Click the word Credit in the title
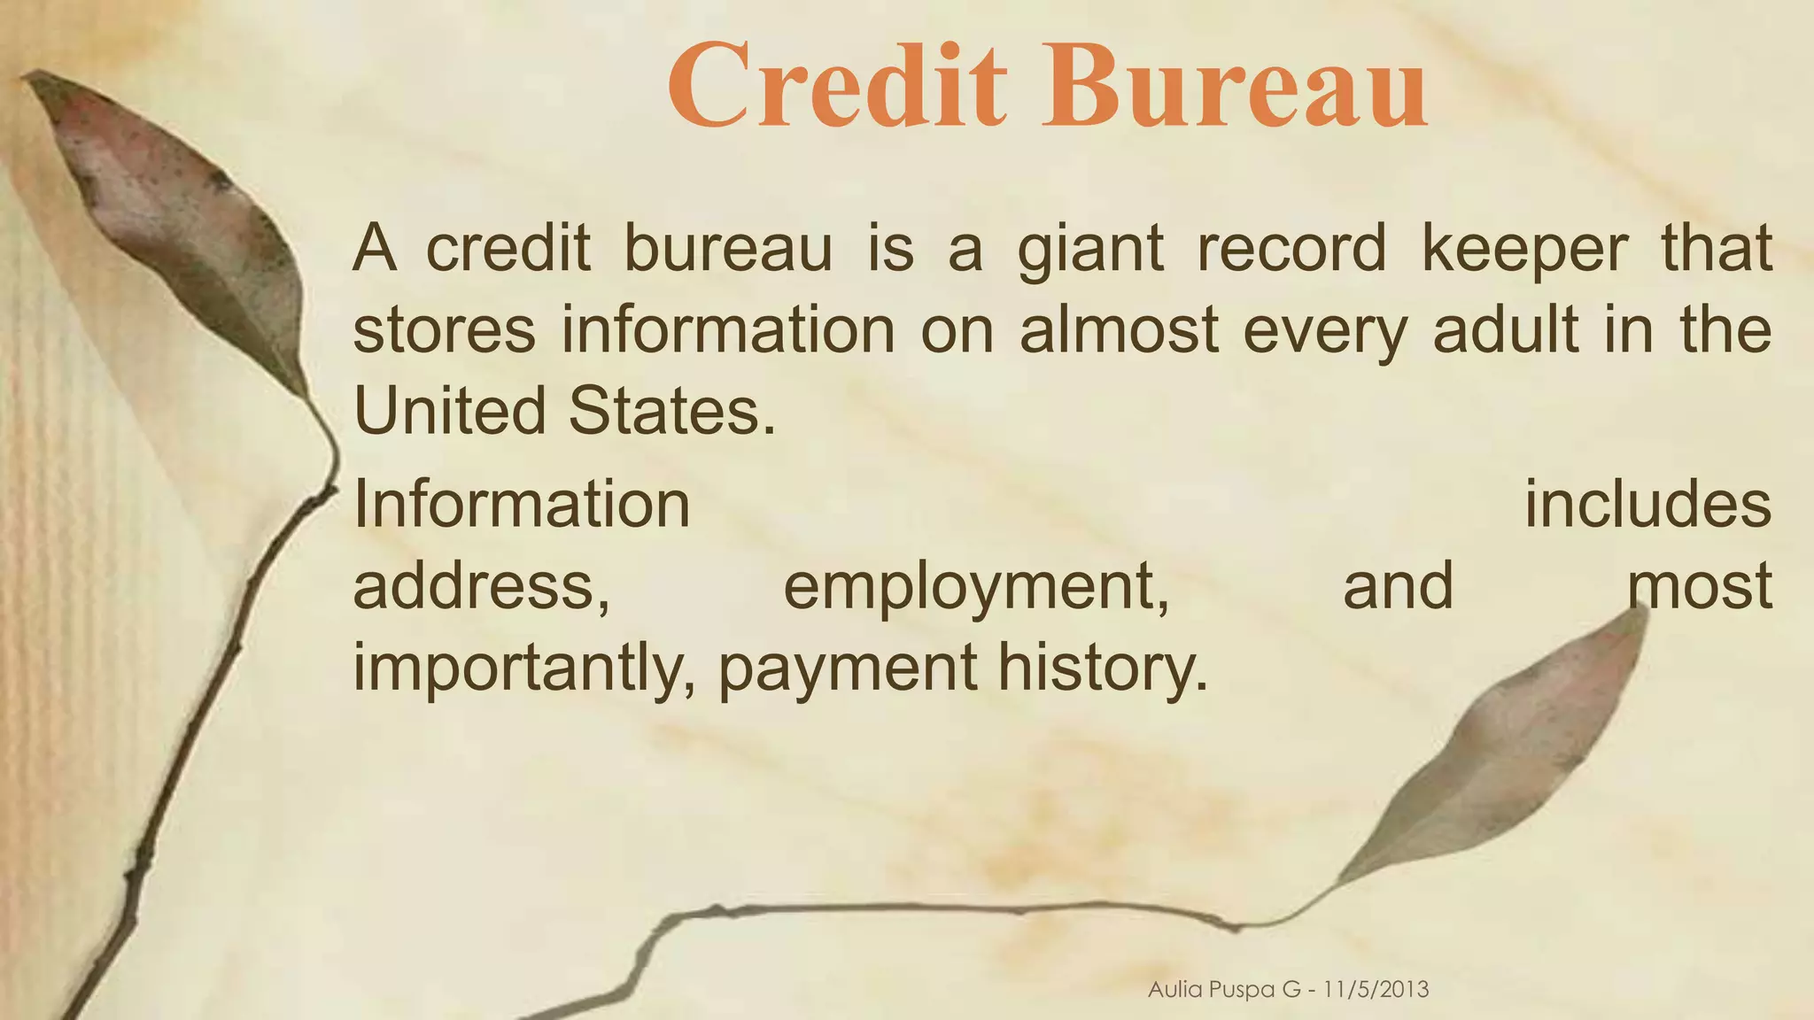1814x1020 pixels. click(x=836, y=87)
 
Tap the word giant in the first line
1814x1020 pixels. click(x=1089, y=249)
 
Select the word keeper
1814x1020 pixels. click(x=1524, y=249)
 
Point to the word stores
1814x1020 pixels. click(x=444, y=330)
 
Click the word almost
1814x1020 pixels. click(x=1119, y=330)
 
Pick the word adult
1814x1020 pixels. click(x=1505, y=330)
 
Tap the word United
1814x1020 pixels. click(x=449, y=411)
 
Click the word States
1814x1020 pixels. click(x=671, y=411)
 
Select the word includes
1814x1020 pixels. click(x=1647, y=504)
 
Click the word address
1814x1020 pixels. click(x=481, y=585)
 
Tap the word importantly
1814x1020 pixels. click(x=523, y=668)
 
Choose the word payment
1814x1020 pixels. click(x=848, y=668)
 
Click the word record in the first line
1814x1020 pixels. click(x=1291, y=249)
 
